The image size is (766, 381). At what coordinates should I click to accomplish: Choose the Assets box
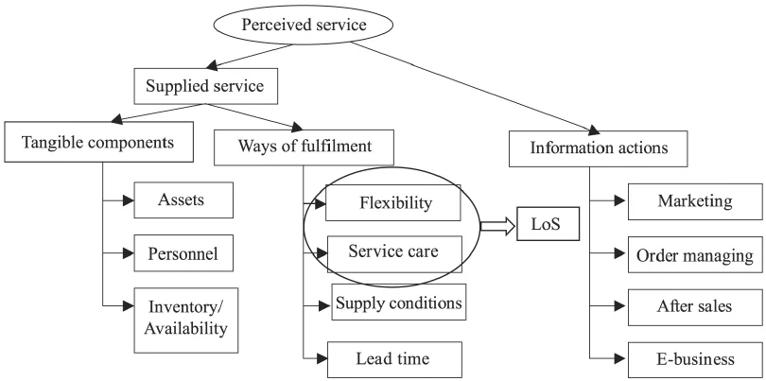(182, 200)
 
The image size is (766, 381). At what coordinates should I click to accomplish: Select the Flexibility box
(394, 203)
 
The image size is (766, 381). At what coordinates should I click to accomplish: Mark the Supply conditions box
(398, 303)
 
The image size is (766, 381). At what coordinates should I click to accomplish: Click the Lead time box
(394, 358)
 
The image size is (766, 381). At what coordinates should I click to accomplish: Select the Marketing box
(696, 200)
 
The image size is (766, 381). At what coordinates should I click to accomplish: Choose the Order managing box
(696, 254)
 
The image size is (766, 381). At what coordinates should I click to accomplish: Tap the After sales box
(696, 306)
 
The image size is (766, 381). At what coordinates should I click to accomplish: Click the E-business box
(696, 359)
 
